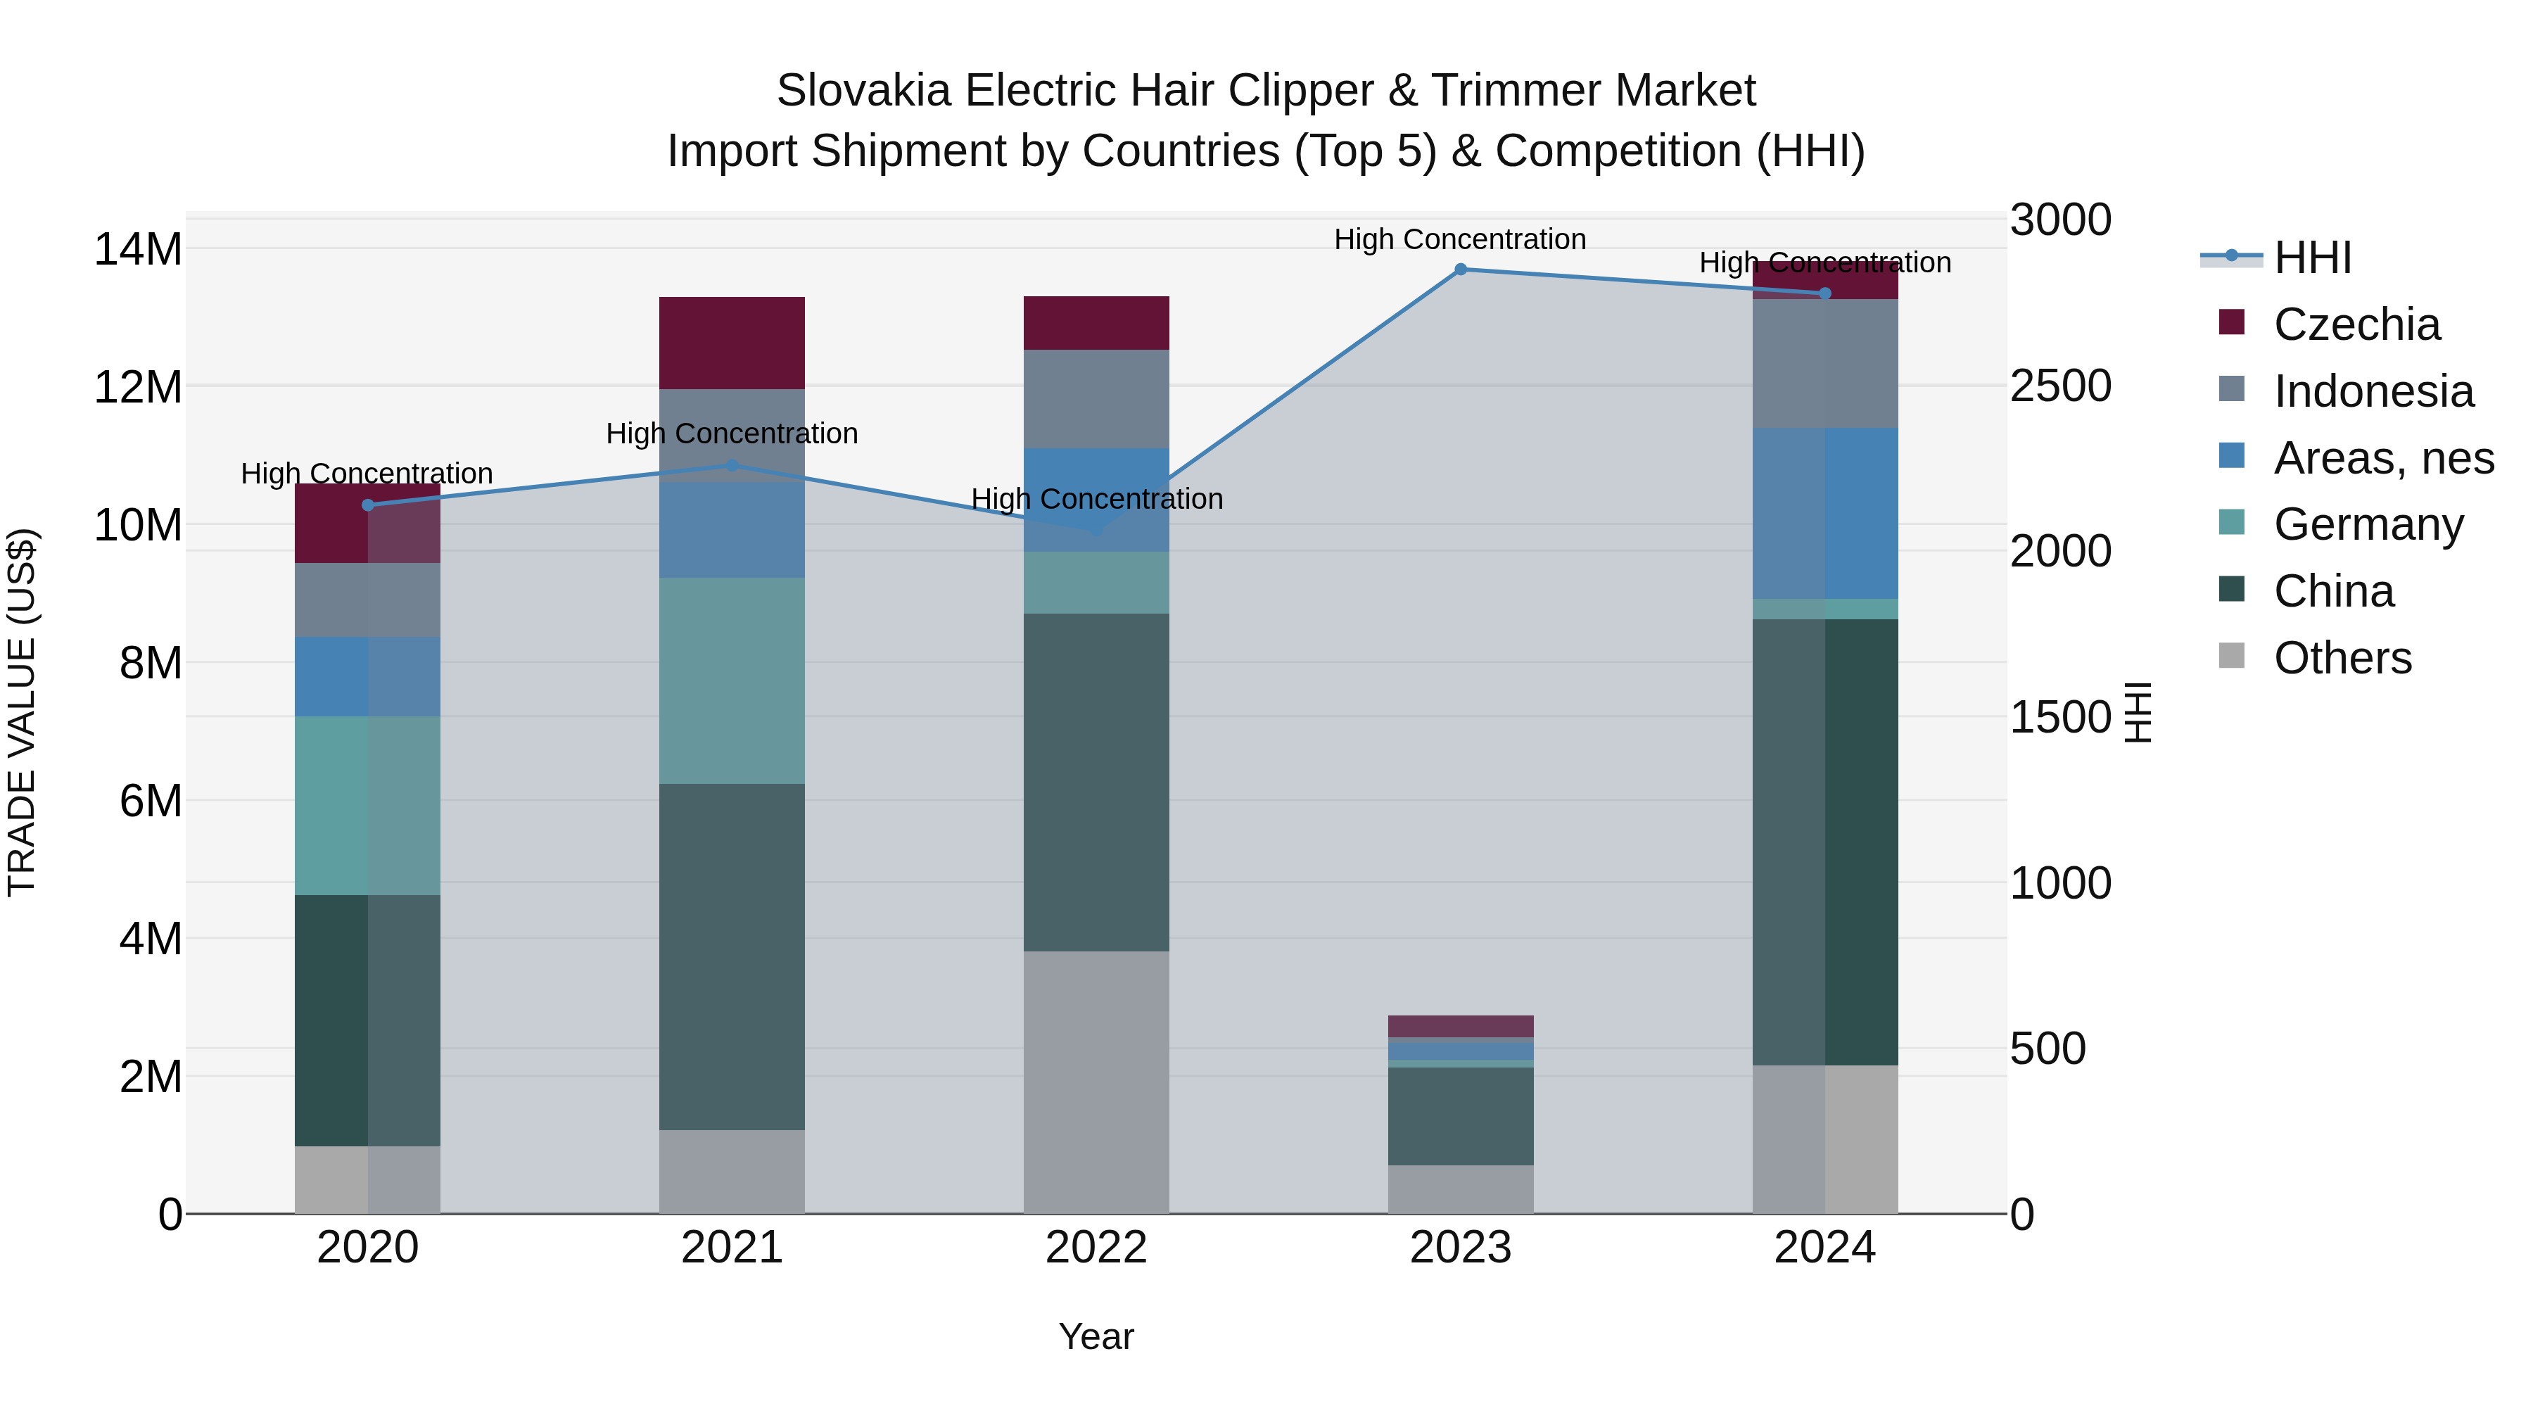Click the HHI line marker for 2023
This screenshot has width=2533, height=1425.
(x=1460, y=270)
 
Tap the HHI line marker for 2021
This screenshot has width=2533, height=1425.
(x=732, y=465)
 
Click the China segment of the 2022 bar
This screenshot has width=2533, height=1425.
(x=1096, y=782)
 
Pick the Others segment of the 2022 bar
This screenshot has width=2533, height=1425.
(x=1096, y=1082)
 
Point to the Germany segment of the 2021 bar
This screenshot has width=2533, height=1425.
(x=732, y=680)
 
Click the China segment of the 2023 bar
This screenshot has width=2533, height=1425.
(x=1460, y=1116)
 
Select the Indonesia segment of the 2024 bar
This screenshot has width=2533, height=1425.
(x=1825, y=363)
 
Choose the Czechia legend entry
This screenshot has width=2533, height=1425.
(x=2356, y=324)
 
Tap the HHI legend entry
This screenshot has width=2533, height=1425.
(x=2312, y=258)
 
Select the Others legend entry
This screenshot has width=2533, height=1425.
(x=2342, y=658)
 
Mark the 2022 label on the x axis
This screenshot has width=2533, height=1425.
(x=1096, y=1248)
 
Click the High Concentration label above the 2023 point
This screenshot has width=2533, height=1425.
(x=1459, y=239)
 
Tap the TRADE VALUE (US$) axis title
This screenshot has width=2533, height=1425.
(x=22, y=712)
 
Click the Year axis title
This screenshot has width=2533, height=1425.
(x=1096, y=1336)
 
